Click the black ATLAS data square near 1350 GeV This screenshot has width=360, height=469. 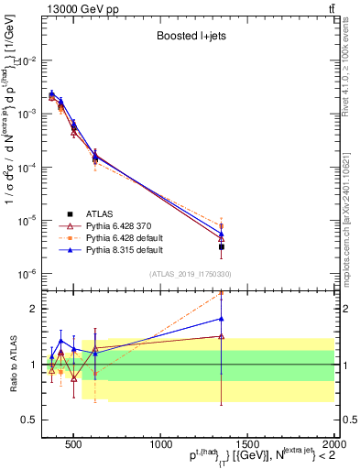tap(221, 246)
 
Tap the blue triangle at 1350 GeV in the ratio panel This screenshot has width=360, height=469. tap(221, 319)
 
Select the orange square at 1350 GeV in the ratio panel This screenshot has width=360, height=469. tap(221, 294)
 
